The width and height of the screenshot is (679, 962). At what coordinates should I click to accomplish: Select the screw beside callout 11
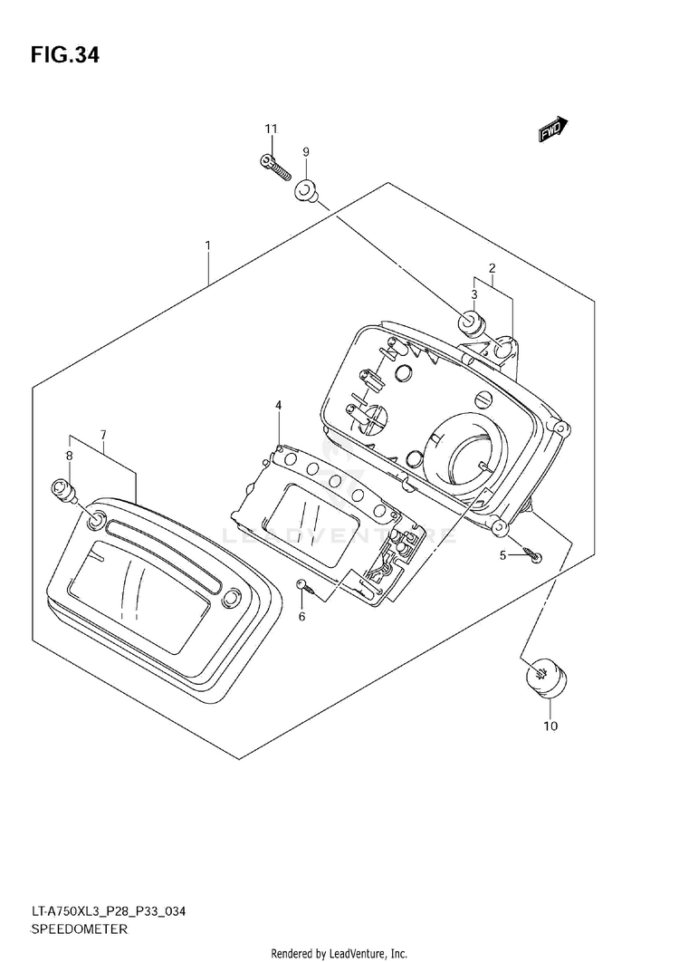click(x=271, y=166)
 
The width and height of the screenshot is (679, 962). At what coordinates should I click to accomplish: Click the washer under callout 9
click(x=306, y=190)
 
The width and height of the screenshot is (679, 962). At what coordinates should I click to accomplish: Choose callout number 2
click(x=492, y=267)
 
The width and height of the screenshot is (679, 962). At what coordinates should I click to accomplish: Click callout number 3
click(x=473, y=293)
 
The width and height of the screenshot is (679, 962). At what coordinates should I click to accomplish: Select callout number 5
click(x=502, y=554)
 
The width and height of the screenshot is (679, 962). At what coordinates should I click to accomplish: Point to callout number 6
click(x=301, y=617)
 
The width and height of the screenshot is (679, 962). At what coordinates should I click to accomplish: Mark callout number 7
click(x=104, y=435)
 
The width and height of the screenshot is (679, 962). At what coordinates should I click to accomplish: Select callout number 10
click(x=551, y=726)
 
